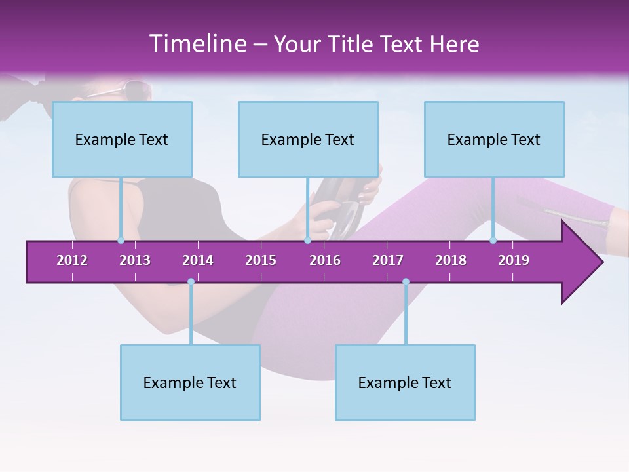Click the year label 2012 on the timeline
[x=72, y=260]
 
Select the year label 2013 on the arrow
[x=135, y=260]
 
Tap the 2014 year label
[x=198, y=260]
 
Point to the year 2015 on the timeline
[x=261, y=260]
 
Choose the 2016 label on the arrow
[x=325, y=260]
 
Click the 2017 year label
[x=388, y=260]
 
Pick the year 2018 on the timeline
[x=451, y=260]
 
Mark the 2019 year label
[x=514, y=260]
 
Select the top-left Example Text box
[x=122, y=139]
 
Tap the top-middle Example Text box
[x=308, y=139]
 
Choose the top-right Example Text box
[x=494, y=139]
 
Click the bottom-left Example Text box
[x=190, y=382]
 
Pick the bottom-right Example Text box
[x=405, y=382]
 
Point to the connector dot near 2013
[x=121, y=241]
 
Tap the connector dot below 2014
[x=191, y=282]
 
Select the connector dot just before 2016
[x=307, y=241]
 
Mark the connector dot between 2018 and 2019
[x=493, y=241]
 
